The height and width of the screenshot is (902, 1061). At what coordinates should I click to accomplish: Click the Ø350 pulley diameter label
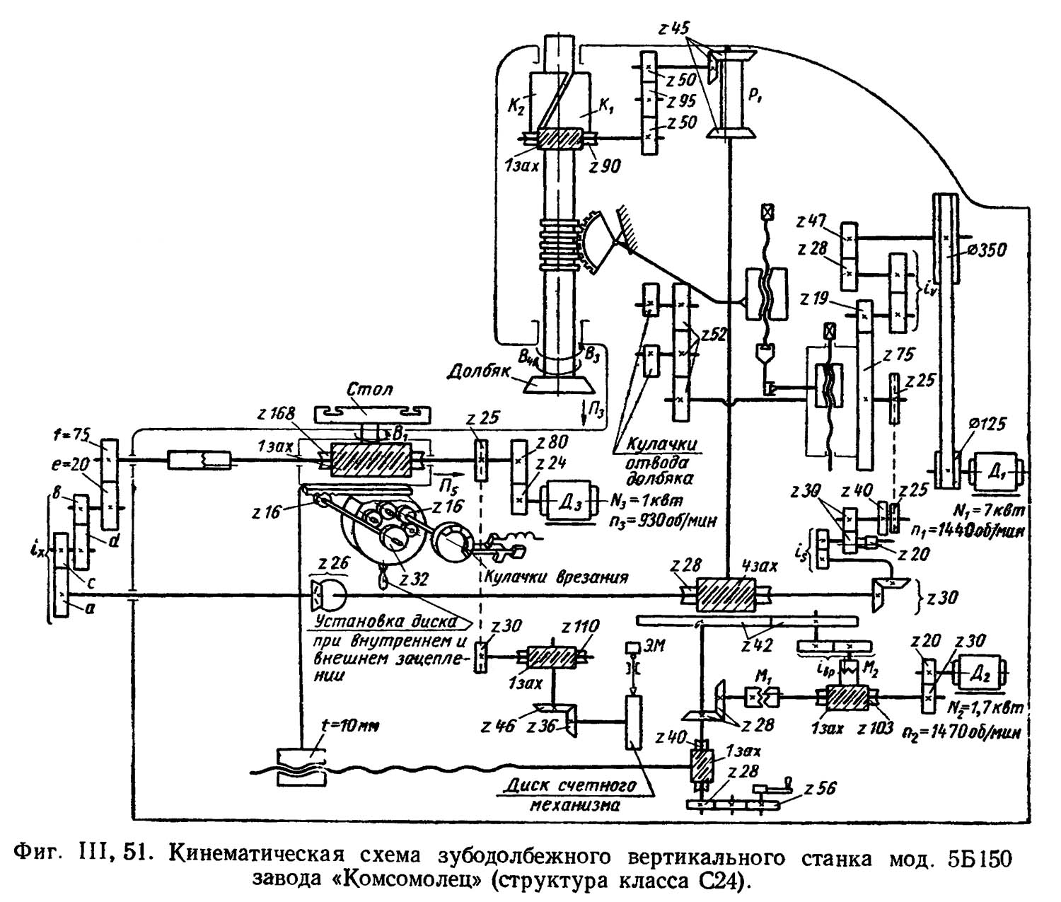click(x=985, y=248)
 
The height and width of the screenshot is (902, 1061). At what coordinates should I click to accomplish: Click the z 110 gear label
click(x=580, y=627)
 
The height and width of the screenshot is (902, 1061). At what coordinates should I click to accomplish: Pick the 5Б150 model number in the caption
click(x=982, y=858)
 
